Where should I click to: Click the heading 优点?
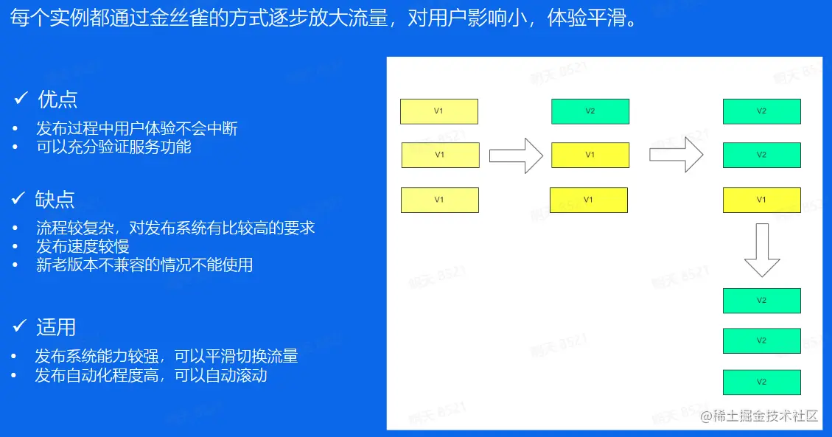tap(57, 99)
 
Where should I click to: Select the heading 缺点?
tap(55, 198)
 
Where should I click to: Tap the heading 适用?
tap(56, 326)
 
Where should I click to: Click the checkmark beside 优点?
tap(21, 99)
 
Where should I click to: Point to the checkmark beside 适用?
tap(21, 326)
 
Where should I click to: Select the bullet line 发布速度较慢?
tap(83, 246)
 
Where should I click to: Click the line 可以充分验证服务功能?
tap(113, 147)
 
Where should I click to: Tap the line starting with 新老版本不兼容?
tap(144, 265)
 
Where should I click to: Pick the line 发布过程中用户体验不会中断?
tap(137, 128)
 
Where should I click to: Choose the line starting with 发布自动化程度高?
tap(151, 375)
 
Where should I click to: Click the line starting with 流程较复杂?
tap(175, 228)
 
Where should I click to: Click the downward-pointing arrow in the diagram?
tap(761, 250)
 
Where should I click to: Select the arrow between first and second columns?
tap(516, 155)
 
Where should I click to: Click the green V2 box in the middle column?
tap(590, 111)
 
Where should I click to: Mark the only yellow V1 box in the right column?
tap(761, 200)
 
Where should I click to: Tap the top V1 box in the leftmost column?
tap(438, 111)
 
